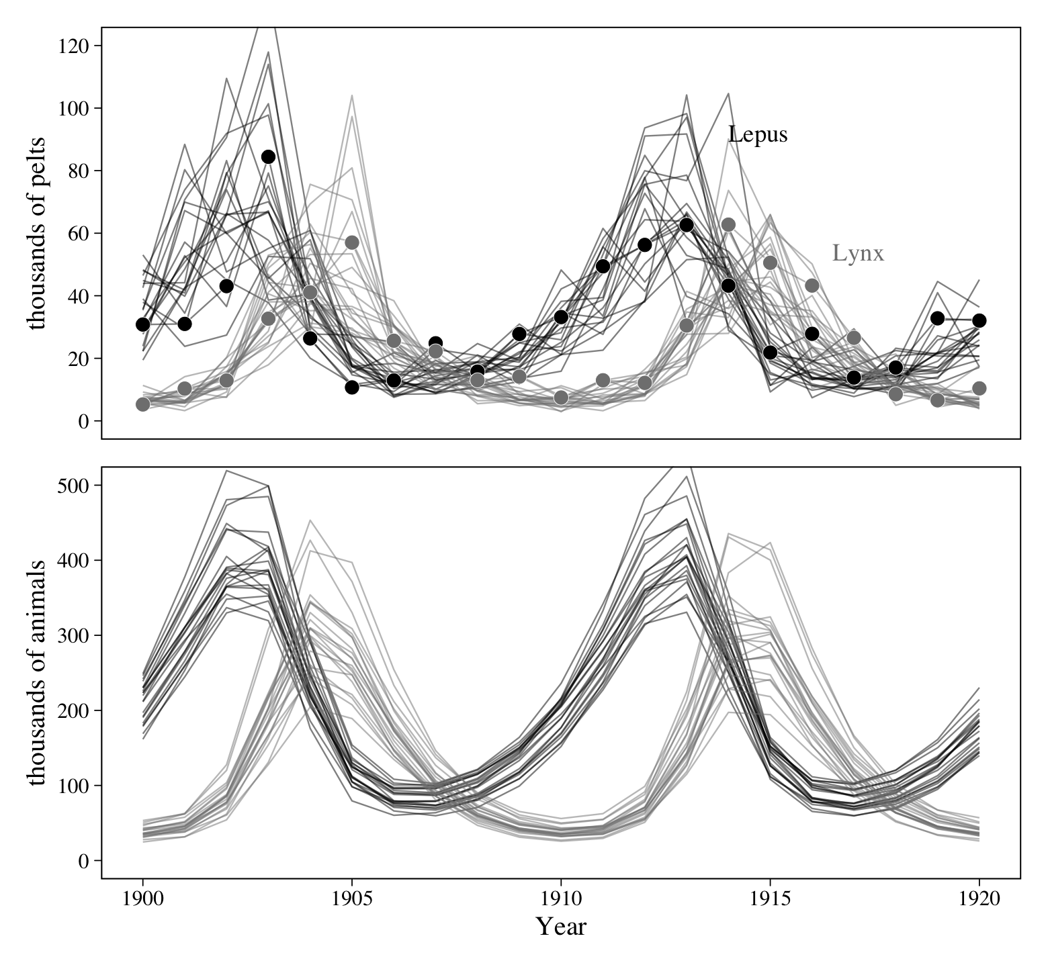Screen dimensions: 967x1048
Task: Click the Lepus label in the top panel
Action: pyautogui.click(x=758, y=135)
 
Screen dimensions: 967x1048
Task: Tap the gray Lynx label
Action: pyautogui.click(x=858, y=253)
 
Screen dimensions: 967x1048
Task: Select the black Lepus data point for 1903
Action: pyautogui.click(x=268, y=156)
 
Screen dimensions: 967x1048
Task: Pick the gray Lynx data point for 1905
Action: pyautogui.click(x=351, y=242)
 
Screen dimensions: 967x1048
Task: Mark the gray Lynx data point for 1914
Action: pyautogui.click(x=728, y=224)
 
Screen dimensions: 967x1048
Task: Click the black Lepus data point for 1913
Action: pyautogui.click(x=687, y=225)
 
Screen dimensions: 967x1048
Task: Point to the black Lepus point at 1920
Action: pyautogui.click(x=979, y=320)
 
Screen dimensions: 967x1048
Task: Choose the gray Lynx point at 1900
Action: pyautogui.click(x=142, y=404)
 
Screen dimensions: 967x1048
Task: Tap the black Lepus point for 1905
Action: pyautogui.click(x=351, y=387)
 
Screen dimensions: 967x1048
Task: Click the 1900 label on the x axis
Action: pyautogui.click(x=142, y=899)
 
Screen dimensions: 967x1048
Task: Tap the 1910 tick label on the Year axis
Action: pyautogui.click(x=560, y=899)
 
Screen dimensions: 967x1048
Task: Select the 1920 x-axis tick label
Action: pyautogui.click(x=979, y=899)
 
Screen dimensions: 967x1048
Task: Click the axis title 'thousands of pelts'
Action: pyautogui.click(x=37, y=233)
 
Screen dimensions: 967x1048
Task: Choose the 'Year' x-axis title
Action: pyautogui.click(x=561, y=927)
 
